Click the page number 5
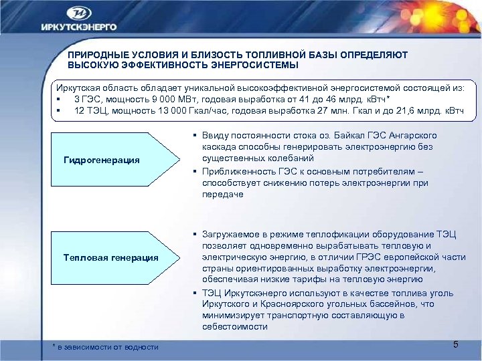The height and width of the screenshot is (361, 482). [x=455, y=344]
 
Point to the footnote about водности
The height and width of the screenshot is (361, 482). [x=106, y=346]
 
